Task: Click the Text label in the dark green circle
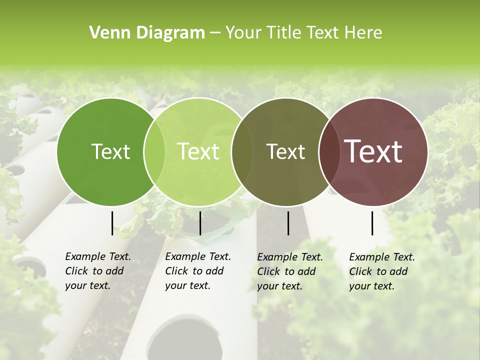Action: [x=110, y=151]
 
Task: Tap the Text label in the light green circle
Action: [x=198, y=151]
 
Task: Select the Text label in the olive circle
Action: [x=285, y=151]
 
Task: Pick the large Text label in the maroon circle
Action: [x=373, y=151]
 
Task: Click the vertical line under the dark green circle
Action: [x=112, y=223]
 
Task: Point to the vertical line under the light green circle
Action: [x=200, y=223]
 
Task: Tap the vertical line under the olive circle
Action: [x=288, y=223]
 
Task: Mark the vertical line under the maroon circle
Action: [x=372, y=223]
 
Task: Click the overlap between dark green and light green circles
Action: [x=154, y=151]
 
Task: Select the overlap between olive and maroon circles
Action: [x=329, y=151]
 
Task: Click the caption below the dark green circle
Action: [x=98, y=271]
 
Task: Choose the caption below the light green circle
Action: [x=198, y=271]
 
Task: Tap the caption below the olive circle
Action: [x=290, y=271]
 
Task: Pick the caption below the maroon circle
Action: [x=382, y=271]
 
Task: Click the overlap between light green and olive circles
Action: [x=241, y=151]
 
